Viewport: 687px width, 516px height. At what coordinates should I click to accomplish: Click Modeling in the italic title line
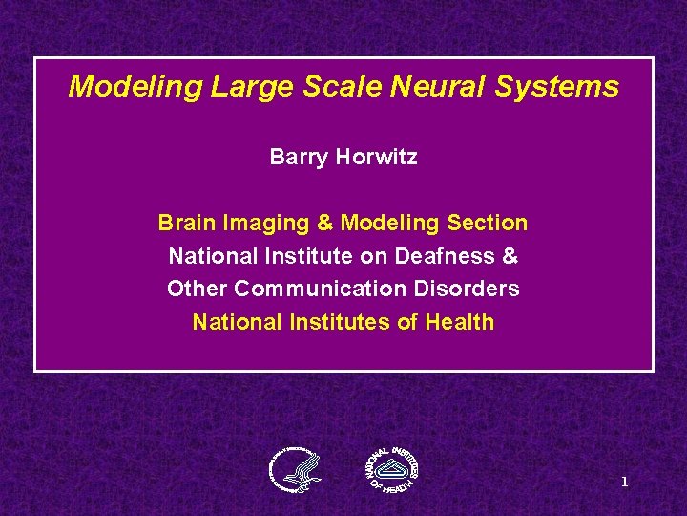click(x=135, y=88)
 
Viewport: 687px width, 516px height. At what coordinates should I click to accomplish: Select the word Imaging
click(x=264, y=223)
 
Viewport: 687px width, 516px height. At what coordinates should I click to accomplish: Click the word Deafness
click(x=454, y=256)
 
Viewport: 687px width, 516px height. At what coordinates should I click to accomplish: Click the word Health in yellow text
click(x=458, y=322)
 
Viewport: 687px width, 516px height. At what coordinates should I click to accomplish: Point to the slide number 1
click(x=624, y=483)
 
